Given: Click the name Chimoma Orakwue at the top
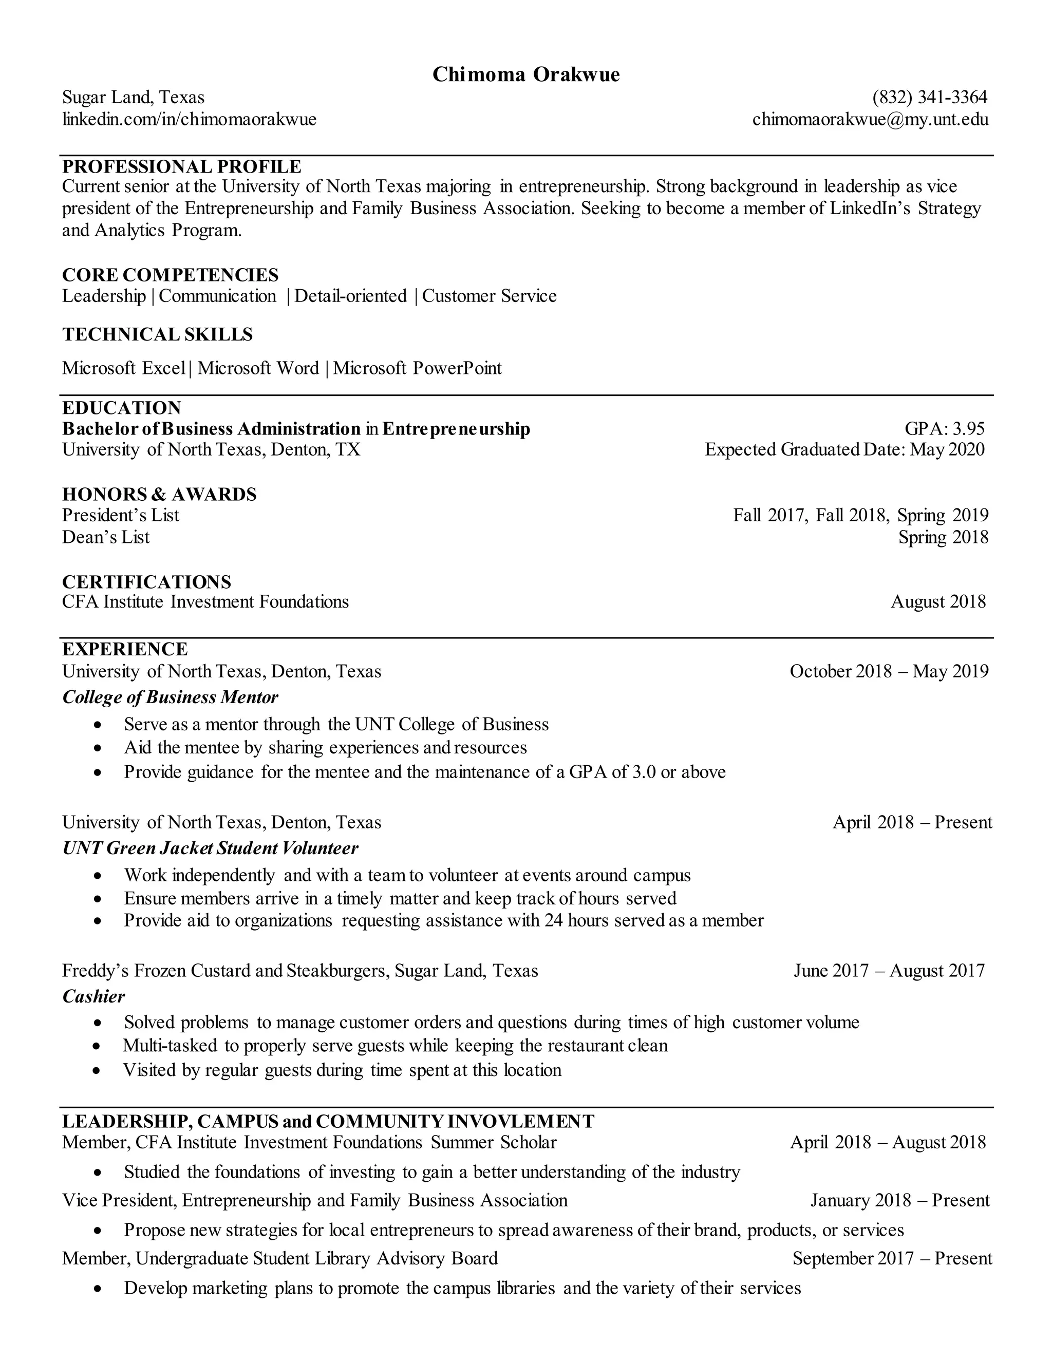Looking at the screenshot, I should [x=526, y=75].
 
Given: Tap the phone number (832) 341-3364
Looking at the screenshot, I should [x=930, y=97].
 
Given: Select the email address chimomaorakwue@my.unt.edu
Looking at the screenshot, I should [x=870, y=119].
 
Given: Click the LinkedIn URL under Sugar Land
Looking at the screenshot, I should [x=190, y=119].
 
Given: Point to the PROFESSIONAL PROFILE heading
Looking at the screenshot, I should [x=181, y=166].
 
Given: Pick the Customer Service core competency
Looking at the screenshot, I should [x=489, y=296].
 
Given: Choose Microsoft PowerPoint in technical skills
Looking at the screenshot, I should [x=417, y=368].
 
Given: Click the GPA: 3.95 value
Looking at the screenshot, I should [x=944, y=429].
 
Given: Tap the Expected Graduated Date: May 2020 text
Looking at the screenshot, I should [x=844, y=449].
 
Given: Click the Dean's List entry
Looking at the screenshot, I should [x=106, y=537].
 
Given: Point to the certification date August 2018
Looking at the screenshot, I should [x=938, y=601].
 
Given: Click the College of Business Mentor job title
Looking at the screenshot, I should [x=170, y=697].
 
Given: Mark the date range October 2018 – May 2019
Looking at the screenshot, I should [x=889, y=671].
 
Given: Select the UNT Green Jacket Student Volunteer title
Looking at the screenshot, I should [x=210, y=847].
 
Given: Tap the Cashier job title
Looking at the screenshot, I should [x=93, y=996].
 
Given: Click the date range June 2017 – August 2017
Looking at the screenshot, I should [x=889, y=970].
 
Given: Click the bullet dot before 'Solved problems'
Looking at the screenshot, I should [x=97, y=1023].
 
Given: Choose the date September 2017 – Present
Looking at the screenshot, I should [x=892, y=1258].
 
